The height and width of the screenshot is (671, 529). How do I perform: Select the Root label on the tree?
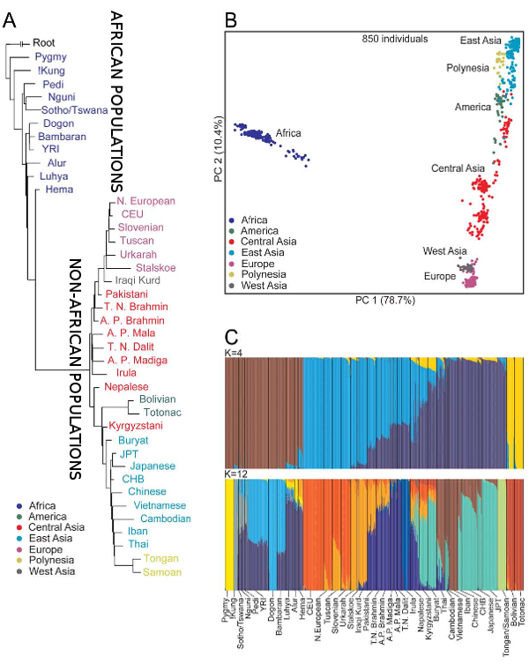(44, 42)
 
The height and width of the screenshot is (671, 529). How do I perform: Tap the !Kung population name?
(50, 71)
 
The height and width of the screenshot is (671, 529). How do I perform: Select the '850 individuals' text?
(395, 41)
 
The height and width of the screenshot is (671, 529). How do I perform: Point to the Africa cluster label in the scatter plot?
(292, 133)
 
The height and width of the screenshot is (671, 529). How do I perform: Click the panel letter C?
(231, 336)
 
